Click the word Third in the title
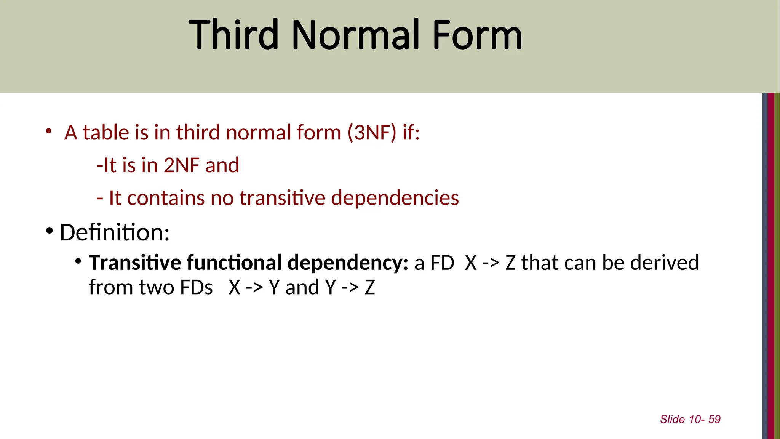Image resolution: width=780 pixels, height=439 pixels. [x=233, y=35]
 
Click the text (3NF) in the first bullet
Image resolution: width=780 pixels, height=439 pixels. [x=372, y=133]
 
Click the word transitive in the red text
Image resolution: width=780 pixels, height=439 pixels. [x=282, y=198]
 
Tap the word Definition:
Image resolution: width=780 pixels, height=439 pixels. [x=115, y=232]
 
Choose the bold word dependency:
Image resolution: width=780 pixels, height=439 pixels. [x=348, y=263]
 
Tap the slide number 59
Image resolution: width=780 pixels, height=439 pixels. [x=714, y=419]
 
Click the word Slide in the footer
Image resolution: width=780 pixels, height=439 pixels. [x=672, y=419]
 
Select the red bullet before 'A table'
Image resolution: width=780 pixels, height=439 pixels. [x=48, y=132]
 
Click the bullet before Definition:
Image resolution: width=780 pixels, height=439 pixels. [x=49, y=231]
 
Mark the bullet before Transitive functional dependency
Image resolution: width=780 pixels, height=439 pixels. [x=78, y=261]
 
